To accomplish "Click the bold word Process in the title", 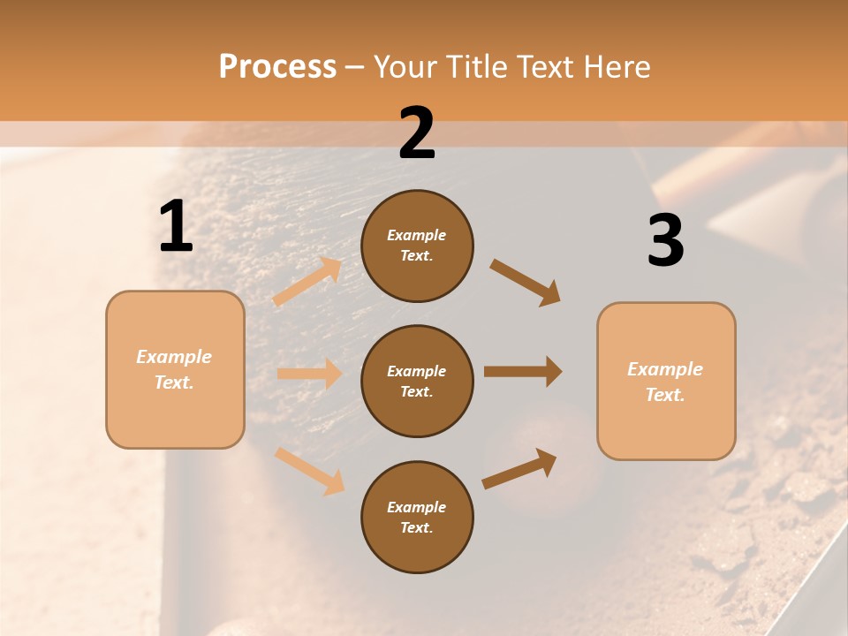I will pos(277,66).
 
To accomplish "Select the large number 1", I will pos(176,226).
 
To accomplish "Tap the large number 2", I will pos(417,133).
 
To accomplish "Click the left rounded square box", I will pos(175,369).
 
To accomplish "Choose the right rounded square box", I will pos(666,381).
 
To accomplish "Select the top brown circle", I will pos(417,246).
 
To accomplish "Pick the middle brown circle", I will pos(417,381).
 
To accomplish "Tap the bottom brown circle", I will pos(417,517).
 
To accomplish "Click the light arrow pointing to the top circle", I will pos(307,282).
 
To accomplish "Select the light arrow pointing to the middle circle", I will pos(309,374).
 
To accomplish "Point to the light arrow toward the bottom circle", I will pos(309,471).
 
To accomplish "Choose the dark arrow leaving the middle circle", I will pos(523,372).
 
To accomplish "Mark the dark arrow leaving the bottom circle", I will pos(519,469).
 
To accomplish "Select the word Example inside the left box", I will pos(174,357).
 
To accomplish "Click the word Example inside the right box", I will pos(665,369).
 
